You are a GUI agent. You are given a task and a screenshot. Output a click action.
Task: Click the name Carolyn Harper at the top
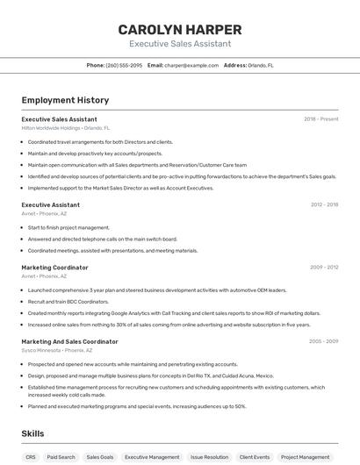(x=180, y=29)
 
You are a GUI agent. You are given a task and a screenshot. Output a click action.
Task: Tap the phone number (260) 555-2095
(x=124, y=65)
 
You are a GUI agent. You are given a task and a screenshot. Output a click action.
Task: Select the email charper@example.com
(x=191, y=65)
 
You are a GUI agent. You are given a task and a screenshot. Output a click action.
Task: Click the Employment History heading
(x=65, y=100)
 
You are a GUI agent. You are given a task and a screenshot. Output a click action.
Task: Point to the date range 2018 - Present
(x=320, y=119)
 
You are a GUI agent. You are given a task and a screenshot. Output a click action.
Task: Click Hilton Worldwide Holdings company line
(x=66, y=128)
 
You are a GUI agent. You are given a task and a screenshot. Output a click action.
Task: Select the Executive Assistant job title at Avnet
(x=51, y=204)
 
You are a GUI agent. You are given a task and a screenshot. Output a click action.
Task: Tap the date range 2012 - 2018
(x=324, y=204)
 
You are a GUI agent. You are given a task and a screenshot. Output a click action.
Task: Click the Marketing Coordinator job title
(x=54, y=267)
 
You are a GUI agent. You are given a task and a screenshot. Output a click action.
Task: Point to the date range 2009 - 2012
(x=324, y=267)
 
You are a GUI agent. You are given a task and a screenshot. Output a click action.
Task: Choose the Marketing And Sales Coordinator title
(x=69, y=341)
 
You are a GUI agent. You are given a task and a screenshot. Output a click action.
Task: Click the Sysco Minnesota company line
(x=57, y=350)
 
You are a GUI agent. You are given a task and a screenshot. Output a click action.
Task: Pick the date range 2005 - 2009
(x=323, y=341)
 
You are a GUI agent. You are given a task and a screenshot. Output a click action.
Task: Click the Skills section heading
(x=32, y=433)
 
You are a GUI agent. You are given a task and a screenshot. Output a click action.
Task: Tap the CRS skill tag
(x=31, y=457)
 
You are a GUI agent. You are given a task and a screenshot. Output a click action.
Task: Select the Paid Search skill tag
(x=61, y=457)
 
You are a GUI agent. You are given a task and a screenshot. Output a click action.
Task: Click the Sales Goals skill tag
(x=100, y=457)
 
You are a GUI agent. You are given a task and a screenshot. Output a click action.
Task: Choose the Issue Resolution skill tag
(x=209, y=457)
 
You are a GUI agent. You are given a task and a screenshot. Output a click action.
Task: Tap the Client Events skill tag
(x=255, y=457)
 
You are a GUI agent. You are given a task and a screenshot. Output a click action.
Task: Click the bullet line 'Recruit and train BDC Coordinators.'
(x=65, y=301)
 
